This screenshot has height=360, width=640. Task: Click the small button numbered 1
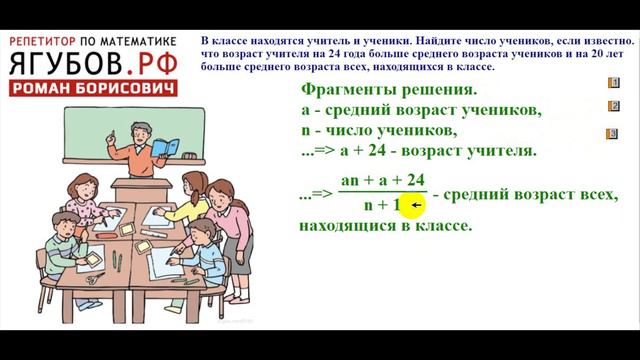tap(612, 83)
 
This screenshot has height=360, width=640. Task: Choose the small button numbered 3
tap(612, 134)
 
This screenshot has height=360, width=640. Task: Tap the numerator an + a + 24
tap(383, 180)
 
